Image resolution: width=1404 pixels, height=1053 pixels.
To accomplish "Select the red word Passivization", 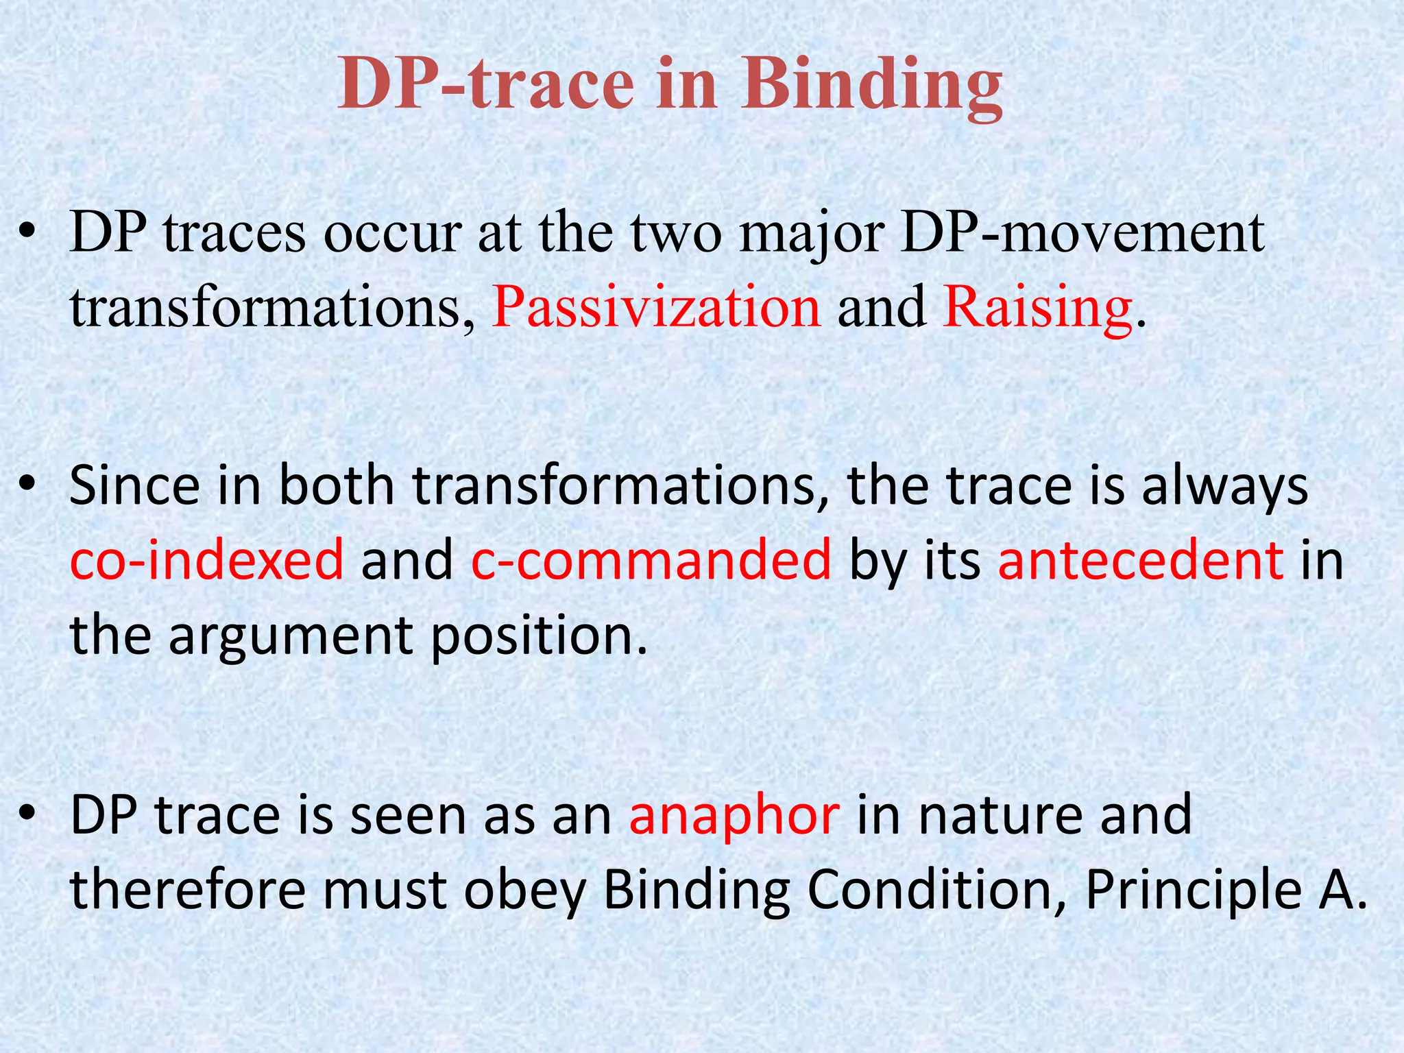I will click(x=656, y=306).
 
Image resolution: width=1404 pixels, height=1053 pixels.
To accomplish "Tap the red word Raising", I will click(x=1037, y=306).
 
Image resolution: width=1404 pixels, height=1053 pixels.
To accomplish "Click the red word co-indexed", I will click(x=206, y=559).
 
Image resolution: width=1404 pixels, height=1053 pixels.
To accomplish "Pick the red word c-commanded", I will click(x=651, y=559).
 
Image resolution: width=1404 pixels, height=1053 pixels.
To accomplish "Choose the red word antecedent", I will click(x=1140, y=559).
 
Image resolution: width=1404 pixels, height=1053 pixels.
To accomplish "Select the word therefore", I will click(x=188, y=888).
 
